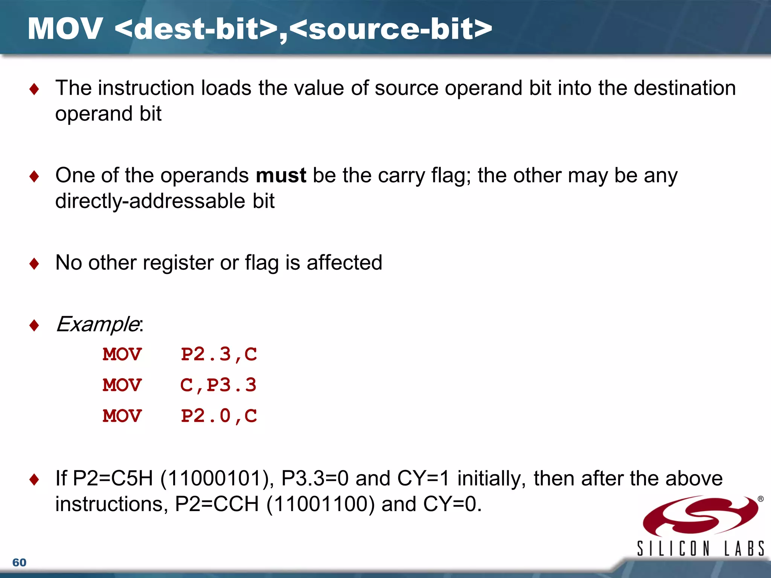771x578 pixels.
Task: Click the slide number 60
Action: pos(19,562)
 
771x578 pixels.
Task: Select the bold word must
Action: pos(281,175)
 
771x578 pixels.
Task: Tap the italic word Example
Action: pos(97,324)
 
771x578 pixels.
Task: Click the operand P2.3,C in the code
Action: pos(219,354)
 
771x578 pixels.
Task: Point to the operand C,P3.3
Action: pos(218,385)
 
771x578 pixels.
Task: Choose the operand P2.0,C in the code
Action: pos(219,416)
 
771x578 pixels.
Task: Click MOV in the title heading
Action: pos(65,29)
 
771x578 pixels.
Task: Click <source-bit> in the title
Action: pos(391,29)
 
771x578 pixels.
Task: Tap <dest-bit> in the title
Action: pos(196,29)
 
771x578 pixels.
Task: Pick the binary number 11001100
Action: pos(320,504)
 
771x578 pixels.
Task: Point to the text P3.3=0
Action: pos(315,478)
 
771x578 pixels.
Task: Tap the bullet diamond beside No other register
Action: pos(34,263)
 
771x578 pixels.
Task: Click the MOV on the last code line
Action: pos(122,416)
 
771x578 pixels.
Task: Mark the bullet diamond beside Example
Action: pos(34,325)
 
